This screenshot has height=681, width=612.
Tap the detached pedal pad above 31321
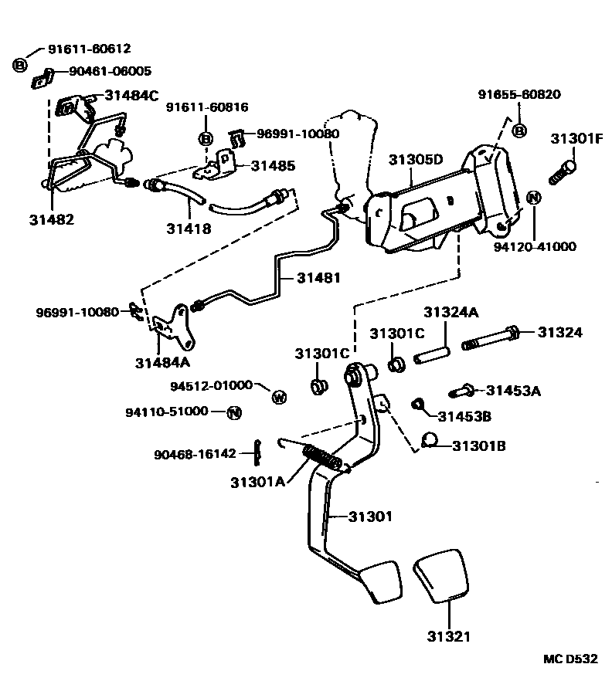click(x=443, y=576)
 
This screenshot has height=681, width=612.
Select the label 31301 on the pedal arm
click(x=369, y=516)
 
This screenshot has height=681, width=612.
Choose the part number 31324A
click(x=450, y=313)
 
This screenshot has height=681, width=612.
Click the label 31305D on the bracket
click(x=416, y=160)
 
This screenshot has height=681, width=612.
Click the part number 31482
click(x=52, y=219)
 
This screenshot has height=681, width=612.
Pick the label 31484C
click(x=131, y=96)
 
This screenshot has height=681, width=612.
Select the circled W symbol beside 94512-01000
click(x=279, y=398)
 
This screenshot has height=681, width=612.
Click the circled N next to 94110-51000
click(x=234, y=412)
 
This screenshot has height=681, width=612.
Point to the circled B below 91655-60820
click(x=519, y=131)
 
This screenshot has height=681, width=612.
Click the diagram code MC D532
click(x=569, y=659)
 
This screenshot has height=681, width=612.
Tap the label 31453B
click(x=465, y=416)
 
